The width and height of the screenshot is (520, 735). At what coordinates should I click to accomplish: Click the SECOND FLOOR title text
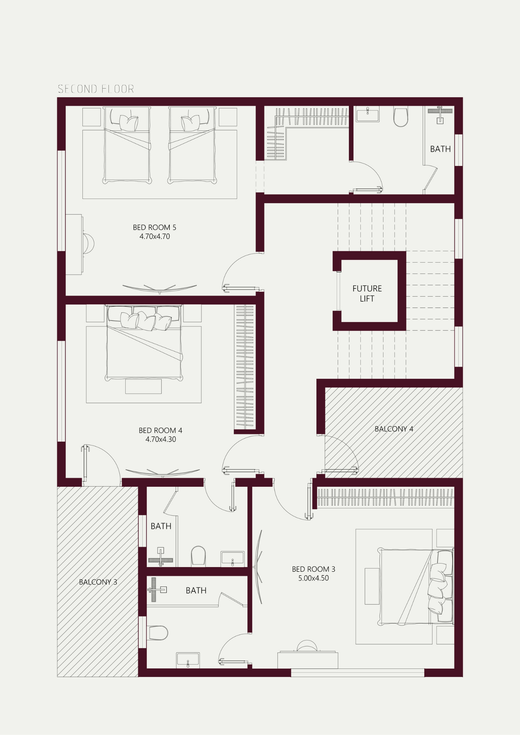(x=96, y=89)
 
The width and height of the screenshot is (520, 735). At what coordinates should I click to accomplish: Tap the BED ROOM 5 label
(x=154, y=227)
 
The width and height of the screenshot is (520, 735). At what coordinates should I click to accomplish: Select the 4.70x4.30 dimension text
(x=161, y=439)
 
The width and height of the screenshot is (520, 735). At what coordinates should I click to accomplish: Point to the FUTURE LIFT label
(x=367, y=294)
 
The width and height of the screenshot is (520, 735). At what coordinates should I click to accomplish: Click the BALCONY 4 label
(x=394, y=429)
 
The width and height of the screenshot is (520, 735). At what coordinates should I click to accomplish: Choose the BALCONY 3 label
(x=98, y=582)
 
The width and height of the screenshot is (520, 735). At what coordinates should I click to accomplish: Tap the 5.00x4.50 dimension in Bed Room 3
(x=313, y=578)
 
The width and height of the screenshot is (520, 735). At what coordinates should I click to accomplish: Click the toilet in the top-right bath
(x=401, y=116)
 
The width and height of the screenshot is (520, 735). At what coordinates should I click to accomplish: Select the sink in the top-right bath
(x=367, y=114)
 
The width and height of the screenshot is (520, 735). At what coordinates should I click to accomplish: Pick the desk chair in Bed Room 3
(x=307, y=646)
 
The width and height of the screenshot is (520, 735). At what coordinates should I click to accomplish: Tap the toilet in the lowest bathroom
(x=158, y=633)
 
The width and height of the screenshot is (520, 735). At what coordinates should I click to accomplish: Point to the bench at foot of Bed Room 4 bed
(x=143, y=386)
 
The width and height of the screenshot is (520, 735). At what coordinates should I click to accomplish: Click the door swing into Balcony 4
(x=340, y=454)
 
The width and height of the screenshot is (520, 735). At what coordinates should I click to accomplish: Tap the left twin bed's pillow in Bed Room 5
(x=129, y=122)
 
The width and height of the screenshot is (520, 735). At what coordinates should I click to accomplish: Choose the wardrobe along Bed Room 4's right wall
(x=245, y=367)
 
